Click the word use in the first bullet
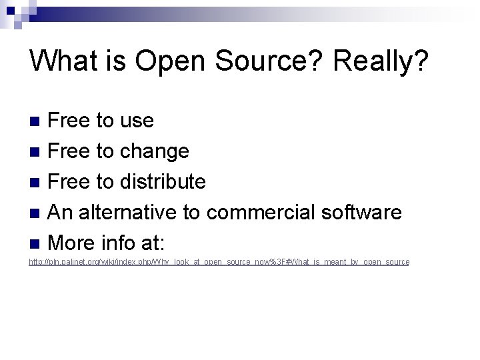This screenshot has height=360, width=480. click(137, 121)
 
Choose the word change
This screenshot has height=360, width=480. click(155, 151)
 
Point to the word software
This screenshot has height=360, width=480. click(361, 212)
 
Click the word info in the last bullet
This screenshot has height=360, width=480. click(121, 243)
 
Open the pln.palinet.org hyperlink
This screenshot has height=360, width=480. click(219, 262)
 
